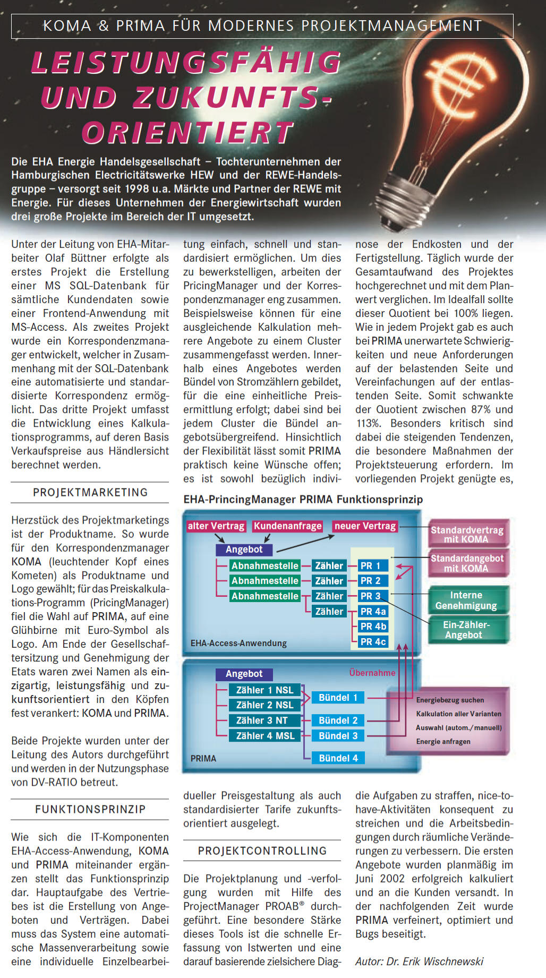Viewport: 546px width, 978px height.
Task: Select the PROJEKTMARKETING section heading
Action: (90, 493)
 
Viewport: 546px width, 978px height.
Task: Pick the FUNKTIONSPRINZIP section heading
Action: (90, 810)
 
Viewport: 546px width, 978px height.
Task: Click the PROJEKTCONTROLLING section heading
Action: (262, 851)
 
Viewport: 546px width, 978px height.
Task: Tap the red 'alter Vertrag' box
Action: (216, 526)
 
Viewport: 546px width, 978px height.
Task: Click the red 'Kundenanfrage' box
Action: (288, 526)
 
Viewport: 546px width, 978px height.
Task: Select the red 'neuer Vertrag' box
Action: (365, 526)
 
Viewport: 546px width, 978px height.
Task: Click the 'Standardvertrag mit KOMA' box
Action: (467, 535)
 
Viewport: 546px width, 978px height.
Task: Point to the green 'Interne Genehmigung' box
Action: (466, 600)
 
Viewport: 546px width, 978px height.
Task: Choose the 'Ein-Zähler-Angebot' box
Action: (466, 630)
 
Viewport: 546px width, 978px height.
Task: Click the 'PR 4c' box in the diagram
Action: (373, 642)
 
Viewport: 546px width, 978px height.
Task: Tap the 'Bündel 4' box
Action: (338, 758)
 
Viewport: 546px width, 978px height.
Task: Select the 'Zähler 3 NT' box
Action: (261, 720)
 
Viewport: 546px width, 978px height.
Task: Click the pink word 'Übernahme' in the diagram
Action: (372, 673)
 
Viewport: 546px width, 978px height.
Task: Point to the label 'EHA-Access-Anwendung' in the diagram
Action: (238, 644)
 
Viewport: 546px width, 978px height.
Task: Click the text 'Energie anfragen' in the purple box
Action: (443, 742)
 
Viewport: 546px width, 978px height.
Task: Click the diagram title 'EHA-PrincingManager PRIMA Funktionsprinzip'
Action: (303, 500)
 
